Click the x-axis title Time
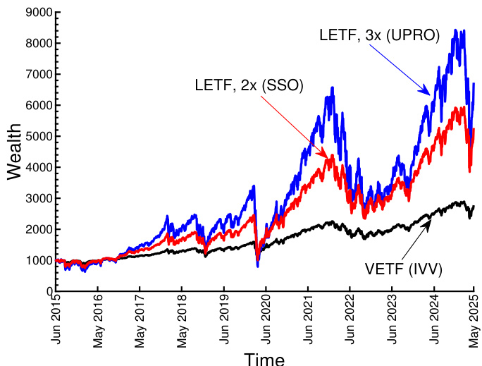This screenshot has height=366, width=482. (x=264, y=358)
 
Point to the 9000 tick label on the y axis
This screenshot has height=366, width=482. (x=34, y=12)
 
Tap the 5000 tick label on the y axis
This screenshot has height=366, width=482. (x=34, y=136)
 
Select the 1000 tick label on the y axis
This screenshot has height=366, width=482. (x=34, y=260)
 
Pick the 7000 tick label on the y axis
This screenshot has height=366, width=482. (x=34, y=74)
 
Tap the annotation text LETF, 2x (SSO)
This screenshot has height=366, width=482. (x=249, y=85)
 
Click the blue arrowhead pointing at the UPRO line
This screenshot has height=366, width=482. (x=427, y=92)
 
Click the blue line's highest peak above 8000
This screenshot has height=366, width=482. (x=455, y=30)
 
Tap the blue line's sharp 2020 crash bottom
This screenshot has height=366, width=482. (x=257, y=266)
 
